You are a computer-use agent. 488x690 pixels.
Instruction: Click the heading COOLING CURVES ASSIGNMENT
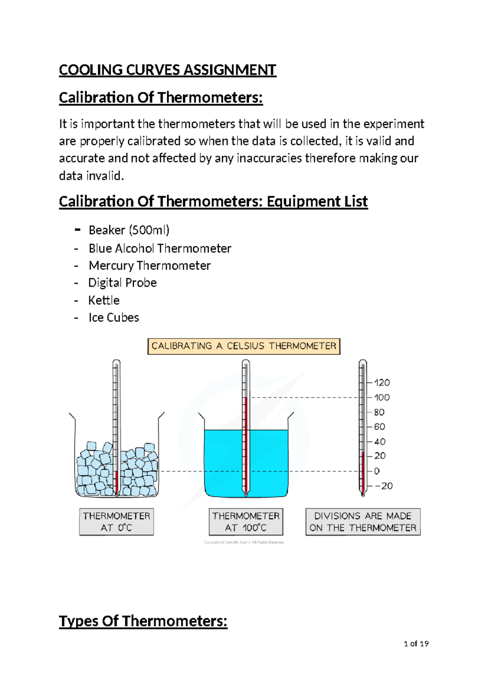pyautogui.click(x=168, y=70)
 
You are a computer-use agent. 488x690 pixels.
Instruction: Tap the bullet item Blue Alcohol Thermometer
pyautogui.click(x=160, y=248)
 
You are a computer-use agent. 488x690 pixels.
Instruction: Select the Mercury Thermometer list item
pyautogui.click(x=150, y=266)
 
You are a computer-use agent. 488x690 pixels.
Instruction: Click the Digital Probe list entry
pyautogui.click(x=122, y=283)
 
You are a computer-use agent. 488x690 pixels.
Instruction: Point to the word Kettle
pyautogui.click(x=104, y=300)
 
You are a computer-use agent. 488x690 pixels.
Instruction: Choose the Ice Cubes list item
pyautogui.click(x=114, y=318)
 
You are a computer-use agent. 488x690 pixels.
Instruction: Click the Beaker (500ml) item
pyautogui.click(x=129, y=230)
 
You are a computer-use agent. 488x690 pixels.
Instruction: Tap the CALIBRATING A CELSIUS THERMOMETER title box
pyautogui.click(x=244, y=346)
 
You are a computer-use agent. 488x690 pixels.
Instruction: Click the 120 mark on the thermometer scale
pyautogui.click(x=382, y=382)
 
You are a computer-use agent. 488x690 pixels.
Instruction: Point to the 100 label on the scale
pyautogui.click(x=382, y=397)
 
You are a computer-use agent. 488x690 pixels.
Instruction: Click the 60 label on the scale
pyautogui.click(x=379, y=427)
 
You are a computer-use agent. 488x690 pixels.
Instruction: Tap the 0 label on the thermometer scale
pyautogui.click(x=377, y=471)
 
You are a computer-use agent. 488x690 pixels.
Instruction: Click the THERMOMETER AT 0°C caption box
pyautogui.click(x=117, y=522)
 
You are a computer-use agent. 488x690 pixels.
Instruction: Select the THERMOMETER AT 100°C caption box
pyautogui.click(x=246, y=522)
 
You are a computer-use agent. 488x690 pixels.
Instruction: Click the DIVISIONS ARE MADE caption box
pyautogui.click(x=363, y=522)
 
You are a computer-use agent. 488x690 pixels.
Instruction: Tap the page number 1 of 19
pyautogui.click(x=416, y=644)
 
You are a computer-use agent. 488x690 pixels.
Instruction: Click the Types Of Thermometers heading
pyautogui.click(x=143, y=621)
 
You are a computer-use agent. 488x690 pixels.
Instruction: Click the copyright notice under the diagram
pyautogui.click(x=244, y=542)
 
